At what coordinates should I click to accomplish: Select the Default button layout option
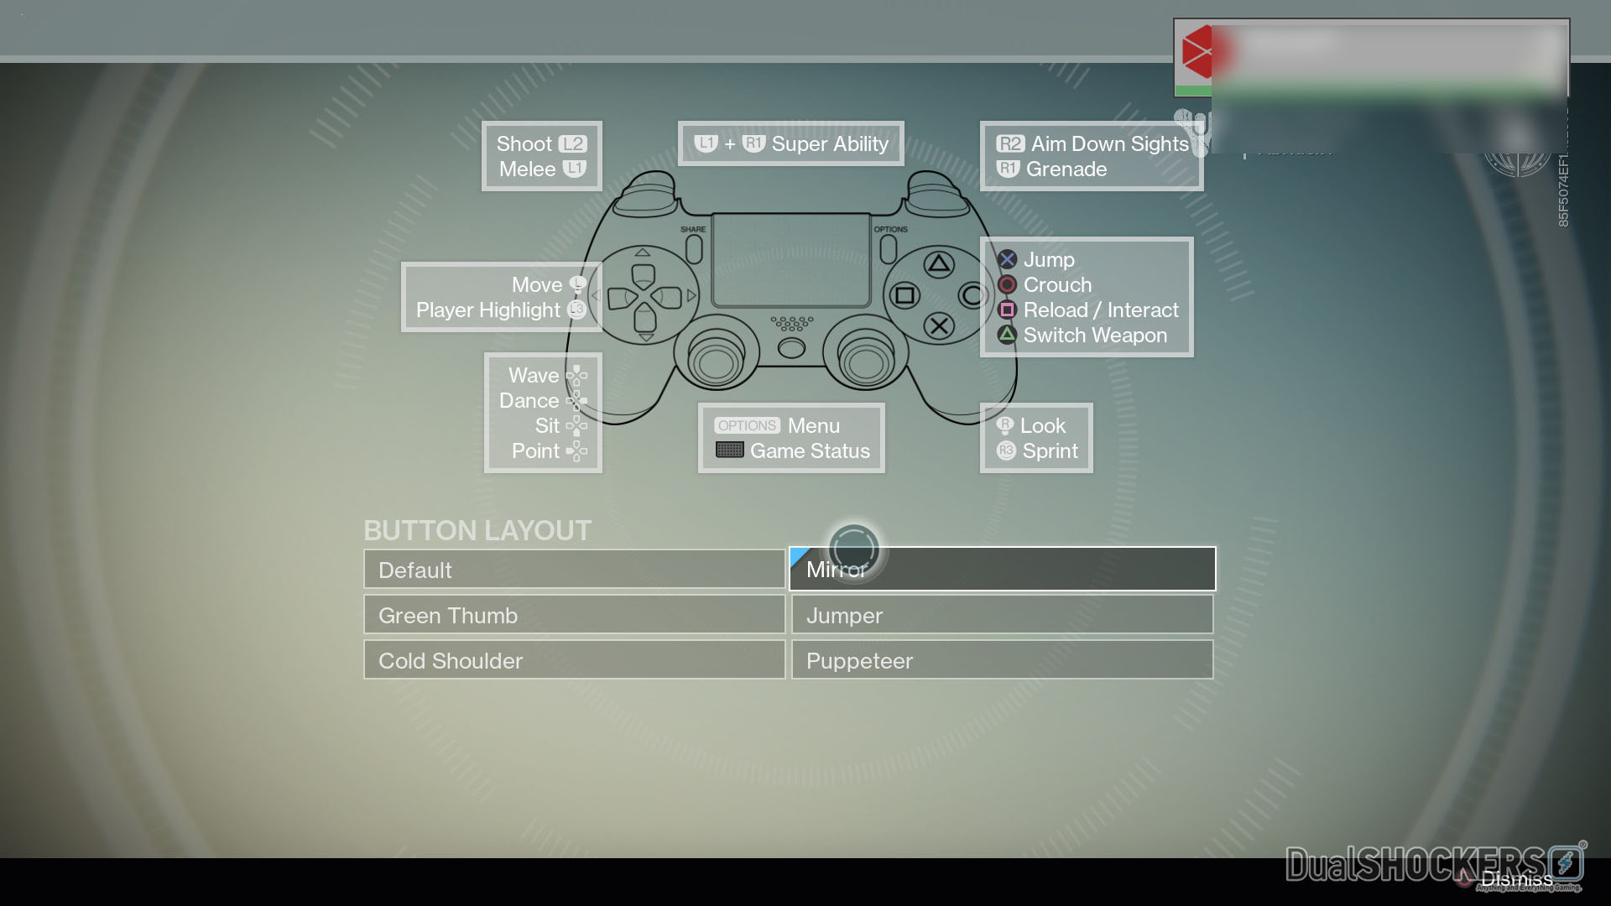(x=574, y=570)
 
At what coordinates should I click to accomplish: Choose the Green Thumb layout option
(x=574, y=615)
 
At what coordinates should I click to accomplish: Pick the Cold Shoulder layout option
(x=574, y=660)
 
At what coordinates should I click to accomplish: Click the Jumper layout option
(x=1002, y=615)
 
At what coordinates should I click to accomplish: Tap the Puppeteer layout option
(x=1002, y=660)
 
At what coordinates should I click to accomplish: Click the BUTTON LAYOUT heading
(x=477, y=530)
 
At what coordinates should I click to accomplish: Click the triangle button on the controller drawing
(x=939, y=265)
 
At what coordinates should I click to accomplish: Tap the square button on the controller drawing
(x=905, y=295)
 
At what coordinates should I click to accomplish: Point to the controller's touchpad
(x=790, y=259)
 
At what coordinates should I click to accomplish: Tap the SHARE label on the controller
(x=693, y=229)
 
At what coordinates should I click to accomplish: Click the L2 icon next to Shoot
(x=573, y=143)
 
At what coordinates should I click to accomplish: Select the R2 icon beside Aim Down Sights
(x=1010, y=143)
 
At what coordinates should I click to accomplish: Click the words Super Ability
(x=830, y=143)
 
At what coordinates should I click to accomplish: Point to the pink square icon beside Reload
(x=1007, y=310)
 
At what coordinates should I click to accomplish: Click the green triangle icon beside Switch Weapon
(x=1007, y=335)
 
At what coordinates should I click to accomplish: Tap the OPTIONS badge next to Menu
(x=747, y=425)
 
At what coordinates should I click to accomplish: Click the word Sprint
(x=1050, y=450)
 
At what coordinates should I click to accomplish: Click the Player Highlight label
(x=487, y=310)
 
